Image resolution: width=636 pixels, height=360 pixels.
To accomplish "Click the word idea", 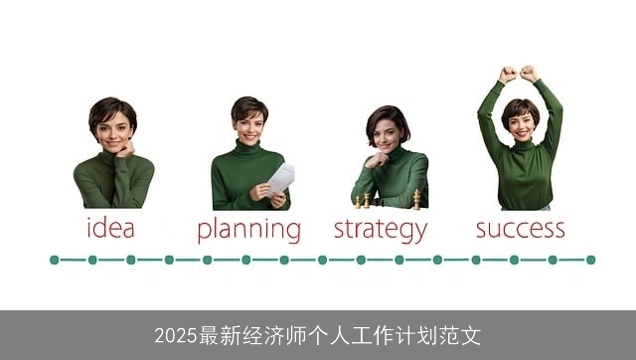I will point(110,228).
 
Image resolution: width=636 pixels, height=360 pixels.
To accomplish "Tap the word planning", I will point(248,230).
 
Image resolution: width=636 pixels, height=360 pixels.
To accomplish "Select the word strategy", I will point(380,230).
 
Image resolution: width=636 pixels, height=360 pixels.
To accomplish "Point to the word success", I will point(520,228).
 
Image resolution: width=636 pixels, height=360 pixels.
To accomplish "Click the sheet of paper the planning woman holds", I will point(280,179).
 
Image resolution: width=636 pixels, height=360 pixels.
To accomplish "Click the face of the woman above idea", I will point(113,130).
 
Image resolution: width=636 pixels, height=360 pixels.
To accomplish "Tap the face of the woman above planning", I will point(249,126).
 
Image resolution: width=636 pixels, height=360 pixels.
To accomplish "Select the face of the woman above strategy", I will point(387,133).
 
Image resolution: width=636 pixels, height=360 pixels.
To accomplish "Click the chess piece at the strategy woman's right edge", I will point(417,199).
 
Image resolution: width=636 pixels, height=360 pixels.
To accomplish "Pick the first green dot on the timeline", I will point(55,260).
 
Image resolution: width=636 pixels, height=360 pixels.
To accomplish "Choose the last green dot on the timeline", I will point(590,260).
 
